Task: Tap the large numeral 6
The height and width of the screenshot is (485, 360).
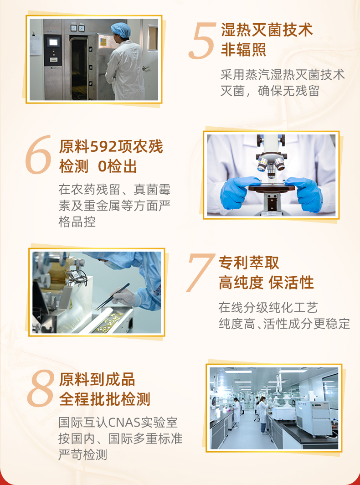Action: click(x=38, y=155)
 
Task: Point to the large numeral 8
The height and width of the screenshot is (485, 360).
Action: click(x=41, y=388)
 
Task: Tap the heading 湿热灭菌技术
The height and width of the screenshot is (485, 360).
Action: click(x=267, y=30)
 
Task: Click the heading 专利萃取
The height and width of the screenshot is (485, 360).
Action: click(x=249, y=263)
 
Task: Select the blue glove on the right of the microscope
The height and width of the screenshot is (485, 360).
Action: click(x=305, y=193)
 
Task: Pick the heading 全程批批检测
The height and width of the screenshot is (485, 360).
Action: click(x=104, y=399)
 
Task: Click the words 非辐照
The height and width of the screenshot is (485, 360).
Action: click(x=243, y=50)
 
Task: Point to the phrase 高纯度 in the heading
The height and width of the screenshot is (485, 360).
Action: click(x=241, y=283)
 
